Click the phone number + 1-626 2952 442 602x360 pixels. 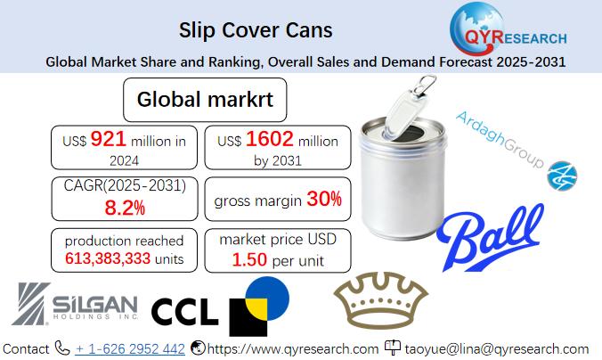130,348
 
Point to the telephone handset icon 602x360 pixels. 62,348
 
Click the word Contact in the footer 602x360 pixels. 26,348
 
